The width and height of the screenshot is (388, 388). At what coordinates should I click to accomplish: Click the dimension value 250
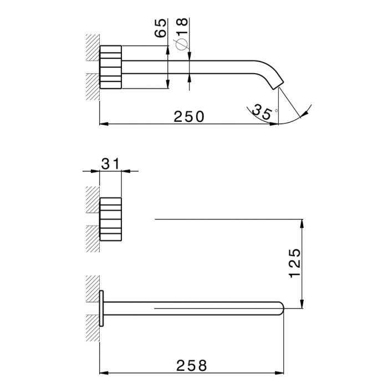click(189, 117)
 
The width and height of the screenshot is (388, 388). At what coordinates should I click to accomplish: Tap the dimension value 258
click(192, 365)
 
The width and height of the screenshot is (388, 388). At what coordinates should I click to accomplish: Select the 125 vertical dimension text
click(295, 263)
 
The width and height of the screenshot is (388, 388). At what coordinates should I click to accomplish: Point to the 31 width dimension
click(110, 164)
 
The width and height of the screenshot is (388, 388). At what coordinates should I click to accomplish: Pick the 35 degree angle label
click(262, 112)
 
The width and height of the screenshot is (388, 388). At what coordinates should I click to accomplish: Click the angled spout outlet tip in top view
click(278, 85)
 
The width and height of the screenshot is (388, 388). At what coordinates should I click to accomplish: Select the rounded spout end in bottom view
click(281, 308)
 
